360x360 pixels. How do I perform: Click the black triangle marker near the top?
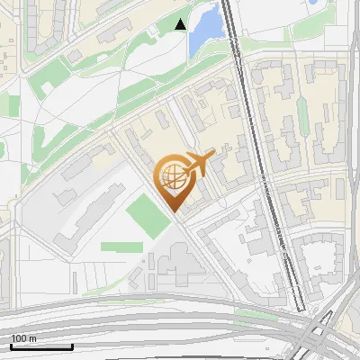(181, 24)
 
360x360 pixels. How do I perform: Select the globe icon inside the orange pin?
(172, 176)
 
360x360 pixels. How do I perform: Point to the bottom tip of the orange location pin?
(174, 212)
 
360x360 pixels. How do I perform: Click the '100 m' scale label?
(24, 338)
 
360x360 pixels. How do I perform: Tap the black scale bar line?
(41, 346)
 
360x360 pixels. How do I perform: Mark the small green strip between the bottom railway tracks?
(261, 315)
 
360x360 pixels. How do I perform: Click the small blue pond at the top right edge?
(315, 4)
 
